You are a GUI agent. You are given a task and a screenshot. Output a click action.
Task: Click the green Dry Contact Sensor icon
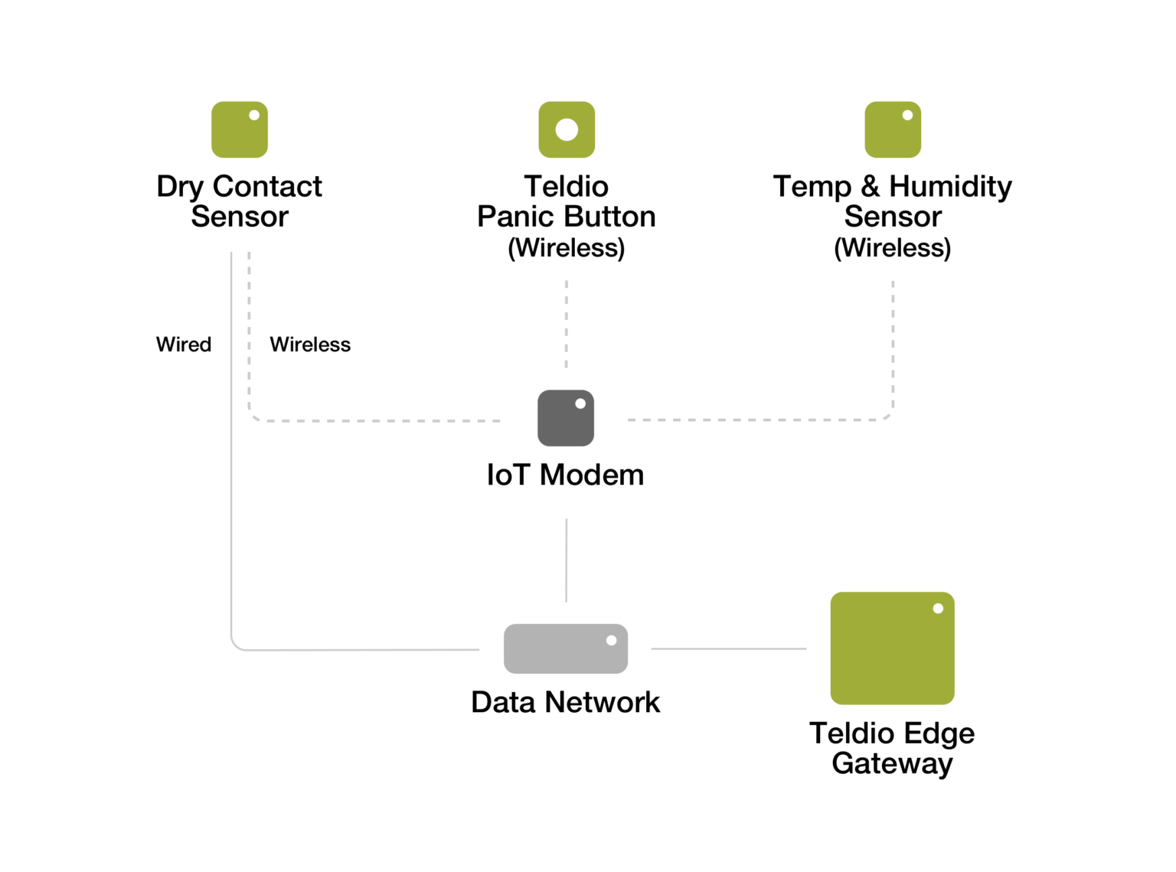click(x=239, y=129)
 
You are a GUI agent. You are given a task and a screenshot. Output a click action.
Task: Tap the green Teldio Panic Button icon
click(x=567, y=129)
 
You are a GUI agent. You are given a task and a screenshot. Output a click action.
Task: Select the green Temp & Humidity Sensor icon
click(x=893, y=129)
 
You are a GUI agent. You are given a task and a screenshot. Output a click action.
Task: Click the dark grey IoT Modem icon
click(x=566, y=418)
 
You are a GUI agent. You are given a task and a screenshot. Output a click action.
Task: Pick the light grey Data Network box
click(x=566, y=648)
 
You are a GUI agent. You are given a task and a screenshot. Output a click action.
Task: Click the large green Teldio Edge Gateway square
click(x=892, y=648)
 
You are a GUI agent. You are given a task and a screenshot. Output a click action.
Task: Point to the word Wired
click(x=184, y=345)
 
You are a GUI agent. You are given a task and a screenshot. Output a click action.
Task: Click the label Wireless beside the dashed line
click(x=310, y=345)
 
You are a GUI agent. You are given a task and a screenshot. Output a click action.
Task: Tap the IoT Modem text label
click(x=565, y=475)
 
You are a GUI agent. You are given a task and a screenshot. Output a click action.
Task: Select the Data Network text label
click(x=565, y=702)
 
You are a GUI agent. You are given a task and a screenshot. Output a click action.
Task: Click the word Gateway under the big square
click(x=892, y=763)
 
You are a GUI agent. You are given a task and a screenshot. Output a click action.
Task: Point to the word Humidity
click(x=950, y=186)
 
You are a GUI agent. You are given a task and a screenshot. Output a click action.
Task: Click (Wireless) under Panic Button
click(x=567, y=248)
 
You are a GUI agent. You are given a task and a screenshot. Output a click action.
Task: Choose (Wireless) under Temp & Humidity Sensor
click(x=893, y=248)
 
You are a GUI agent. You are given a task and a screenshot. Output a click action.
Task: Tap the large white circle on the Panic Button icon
click(x=567, y=129)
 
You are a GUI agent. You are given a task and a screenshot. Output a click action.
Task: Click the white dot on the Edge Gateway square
click(x=938, y=609)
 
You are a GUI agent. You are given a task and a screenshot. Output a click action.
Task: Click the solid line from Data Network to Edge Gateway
click(x=728, y=648)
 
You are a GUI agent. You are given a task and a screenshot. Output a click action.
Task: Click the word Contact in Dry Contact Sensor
click(x=267, y=186)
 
